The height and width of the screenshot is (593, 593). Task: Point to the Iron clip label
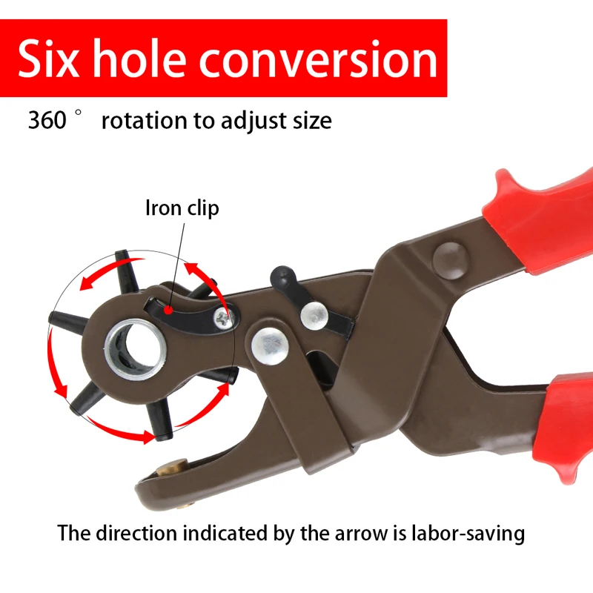point(182,208)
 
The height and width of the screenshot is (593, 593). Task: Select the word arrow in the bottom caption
point(359,533)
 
